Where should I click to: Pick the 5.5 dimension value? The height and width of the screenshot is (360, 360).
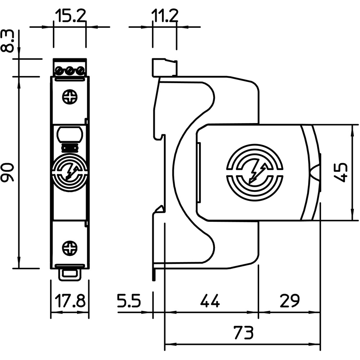[129, 300]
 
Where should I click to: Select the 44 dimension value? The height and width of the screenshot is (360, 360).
[210, 300]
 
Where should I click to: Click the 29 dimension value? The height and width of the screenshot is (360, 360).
[289, 300]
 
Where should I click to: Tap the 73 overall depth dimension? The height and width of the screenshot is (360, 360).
[244, 332]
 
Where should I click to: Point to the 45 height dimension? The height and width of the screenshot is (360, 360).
[341, 172]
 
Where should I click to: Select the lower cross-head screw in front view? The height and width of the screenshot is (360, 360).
[70, 248]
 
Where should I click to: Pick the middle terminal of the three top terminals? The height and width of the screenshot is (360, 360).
[70, 70]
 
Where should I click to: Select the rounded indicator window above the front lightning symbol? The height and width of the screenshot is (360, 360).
[70, 135]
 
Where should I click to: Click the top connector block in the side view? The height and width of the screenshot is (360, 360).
[165, 67]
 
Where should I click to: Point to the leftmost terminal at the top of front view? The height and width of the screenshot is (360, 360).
[59, 70]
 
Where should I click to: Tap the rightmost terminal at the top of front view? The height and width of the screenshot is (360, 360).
[80, 70]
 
